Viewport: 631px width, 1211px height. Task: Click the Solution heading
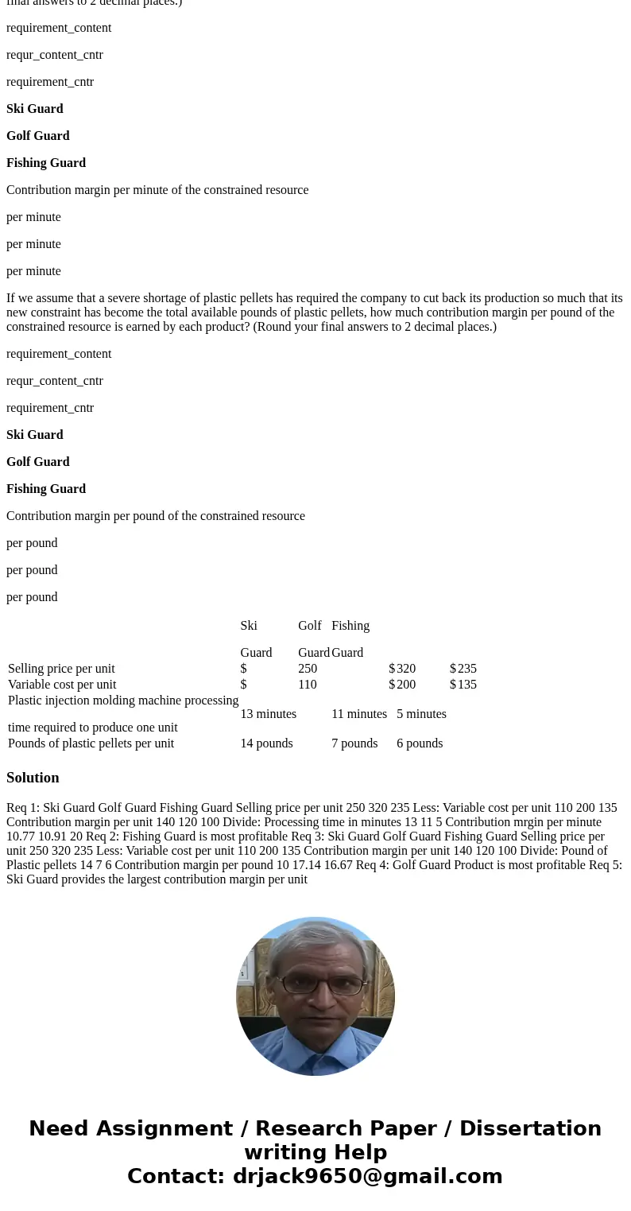tap(33, 778)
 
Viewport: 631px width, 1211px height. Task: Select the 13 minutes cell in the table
tap(268, 714)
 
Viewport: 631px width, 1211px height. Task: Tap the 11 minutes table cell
tap(358, 714)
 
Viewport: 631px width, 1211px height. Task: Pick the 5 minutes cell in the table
tap(421, 714)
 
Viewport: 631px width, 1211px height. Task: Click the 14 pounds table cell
tap(266, 743)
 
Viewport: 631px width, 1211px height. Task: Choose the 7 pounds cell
tap(354, 743)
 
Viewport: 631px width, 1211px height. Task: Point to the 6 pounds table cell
tap(420, 743)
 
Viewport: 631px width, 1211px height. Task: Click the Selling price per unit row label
tap(61, 669)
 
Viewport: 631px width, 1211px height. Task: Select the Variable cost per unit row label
tap(62, 685)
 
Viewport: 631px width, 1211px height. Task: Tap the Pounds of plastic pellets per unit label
tap(91, 743)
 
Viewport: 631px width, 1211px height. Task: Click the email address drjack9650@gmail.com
tap(367, 1177)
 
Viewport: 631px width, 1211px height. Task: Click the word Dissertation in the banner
tap(530, 1129)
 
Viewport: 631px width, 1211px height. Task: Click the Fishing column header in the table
tap(350, 626)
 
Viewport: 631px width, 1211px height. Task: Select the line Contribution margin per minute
tap(157, 190)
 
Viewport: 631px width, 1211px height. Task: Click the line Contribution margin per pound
tap(156, 516)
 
